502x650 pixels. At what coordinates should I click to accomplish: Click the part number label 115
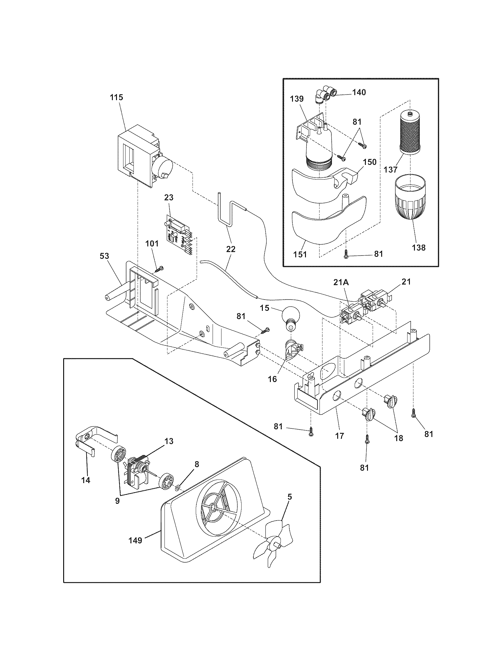(116, 97)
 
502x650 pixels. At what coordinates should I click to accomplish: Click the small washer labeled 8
(177, 487)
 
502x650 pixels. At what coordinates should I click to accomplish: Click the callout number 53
(104, 256)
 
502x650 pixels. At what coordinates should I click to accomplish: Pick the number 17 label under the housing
(339, 436)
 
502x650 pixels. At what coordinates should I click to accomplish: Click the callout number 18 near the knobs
(399, 438)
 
